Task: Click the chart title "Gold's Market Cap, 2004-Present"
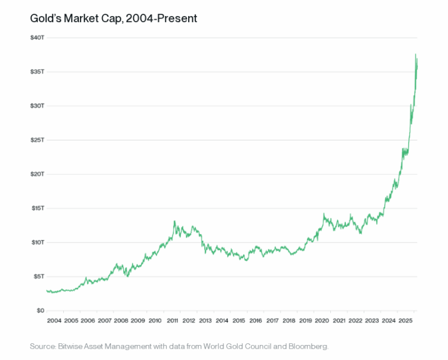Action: click(x=113, y=19)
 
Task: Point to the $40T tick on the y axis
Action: click(x=37, y=38)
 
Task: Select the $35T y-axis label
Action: click(x=37, y=72)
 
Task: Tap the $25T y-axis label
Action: click(x=37, y=140)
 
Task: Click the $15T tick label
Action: click(x=37, y=208)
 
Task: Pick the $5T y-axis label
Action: click(x=38, y=276)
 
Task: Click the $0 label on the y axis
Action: click(x=39, y=310)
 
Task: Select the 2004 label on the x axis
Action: click(x=54, y=321)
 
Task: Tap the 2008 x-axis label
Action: click(x=121, y=321)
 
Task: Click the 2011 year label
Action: click(x=172, y=321)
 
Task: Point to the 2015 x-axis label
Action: click(x=239, y=321)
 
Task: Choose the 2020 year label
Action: click(x=323, y=321)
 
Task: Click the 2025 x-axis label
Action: click(x=406, y=321)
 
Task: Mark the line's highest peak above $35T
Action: click(x=416, y=54)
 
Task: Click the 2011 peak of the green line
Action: click(x=174, y=221)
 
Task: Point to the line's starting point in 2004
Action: click(x=47, y=290)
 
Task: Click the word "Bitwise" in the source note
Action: click(x=70, y=346)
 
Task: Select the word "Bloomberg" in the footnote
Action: click(x=309, y=346)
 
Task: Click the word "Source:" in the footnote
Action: click(x=42, y=346)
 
